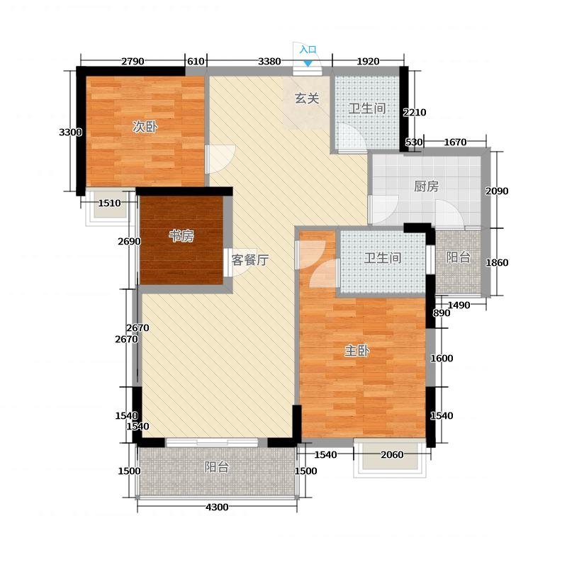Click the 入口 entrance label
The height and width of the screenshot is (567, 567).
point(308,50)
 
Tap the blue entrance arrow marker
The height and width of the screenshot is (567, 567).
point(308,63)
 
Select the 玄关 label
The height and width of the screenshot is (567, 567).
point(307,99)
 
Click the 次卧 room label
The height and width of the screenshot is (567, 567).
point(145,127)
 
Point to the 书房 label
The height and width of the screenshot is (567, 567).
point(181,236)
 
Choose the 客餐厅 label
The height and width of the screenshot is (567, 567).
point(250,259)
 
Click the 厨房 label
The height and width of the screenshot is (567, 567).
point(427,186)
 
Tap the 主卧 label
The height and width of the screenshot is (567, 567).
point(357,350)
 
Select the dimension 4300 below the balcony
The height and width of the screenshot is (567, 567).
point(217,507)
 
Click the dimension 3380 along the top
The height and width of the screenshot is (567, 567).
point(269,62)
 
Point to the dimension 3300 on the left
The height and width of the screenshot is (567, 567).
point(70,133)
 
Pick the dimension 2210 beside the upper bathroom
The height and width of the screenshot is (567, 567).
point(415,113)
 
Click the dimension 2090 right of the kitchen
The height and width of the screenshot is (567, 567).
point(497,191)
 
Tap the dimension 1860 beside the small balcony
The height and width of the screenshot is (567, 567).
point(497,262)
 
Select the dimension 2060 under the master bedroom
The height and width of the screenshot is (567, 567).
point(392,454)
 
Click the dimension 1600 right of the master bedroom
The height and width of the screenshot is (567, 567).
point(442,359)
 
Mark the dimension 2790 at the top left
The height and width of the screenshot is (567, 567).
point(133,62)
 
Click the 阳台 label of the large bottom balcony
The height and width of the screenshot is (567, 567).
point(217,467)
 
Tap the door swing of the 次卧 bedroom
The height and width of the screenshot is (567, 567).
point(221,159)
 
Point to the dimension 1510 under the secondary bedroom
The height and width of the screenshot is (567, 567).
point(110,203)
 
